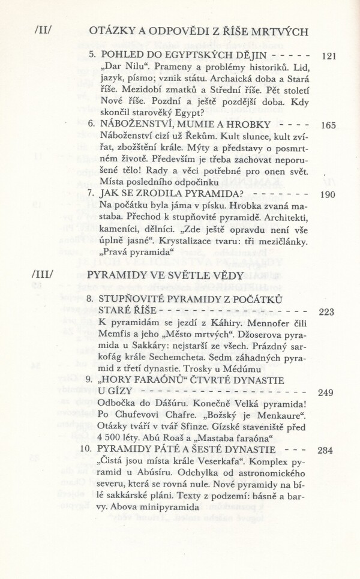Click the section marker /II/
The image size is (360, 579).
coord(45,31)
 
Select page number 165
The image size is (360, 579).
coord(331,126)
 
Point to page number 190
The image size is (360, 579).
coord(331,194)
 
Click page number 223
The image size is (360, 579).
coord(331,311)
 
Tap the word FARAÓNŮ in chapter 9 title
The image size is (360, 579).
coord(151,380)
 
